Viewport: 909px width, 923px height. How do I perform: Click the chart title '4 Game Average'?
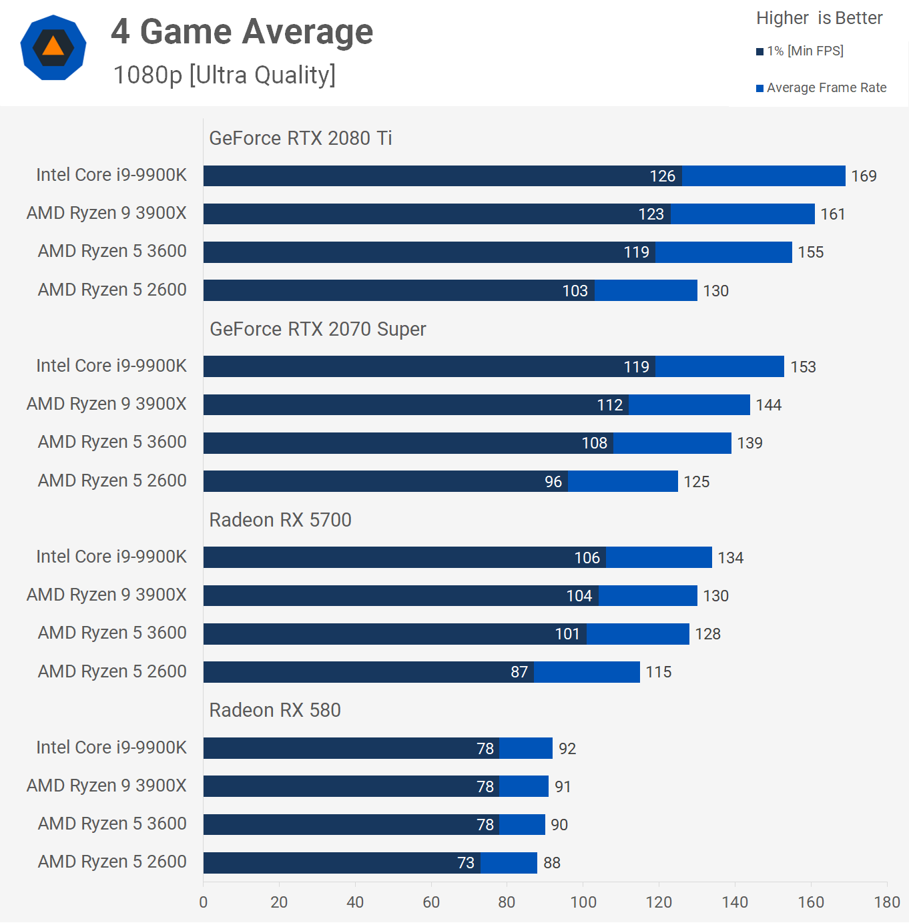pyautogui.click(x=242, y=31)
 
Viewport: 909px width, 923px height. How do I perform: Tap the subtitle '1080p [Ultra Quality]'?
pyautogui.click(x=224, y=75)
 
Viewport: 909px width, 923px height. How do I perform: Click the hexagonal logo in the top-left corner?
pyautogui.click(x=53, y=47)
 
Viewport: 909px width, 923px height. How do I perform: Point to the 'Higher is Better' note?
pyautogui.click(x=819, y=18)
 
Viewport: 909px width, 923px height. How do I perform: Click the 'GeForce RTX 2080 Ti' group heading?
pyautogui.click(x=300, y=138)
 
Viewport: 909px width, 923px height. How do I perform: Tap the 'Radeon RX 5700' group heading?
pyautogui.click(x=280, y=520)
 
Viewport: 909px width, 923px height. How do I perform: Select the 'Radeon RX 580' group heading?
pyautogui.click(x=275, y=710)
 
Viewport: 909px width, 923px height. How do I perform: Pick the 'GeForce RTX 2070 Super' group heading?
pyautogui.click(x=318, y=329)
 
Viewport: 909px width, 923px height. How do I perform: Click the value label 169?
pyautogui.click(x=864, y=176)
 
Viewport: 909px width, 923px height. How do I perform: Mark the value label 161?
pyautogui.click(x=833, y=214)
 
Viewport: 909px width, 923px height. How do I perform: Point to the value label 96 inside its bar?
pyautogui.click(x=553, y=482)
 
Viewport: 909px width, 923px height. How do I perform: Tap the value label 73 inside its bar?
pyautogui.click(x=466, y=863)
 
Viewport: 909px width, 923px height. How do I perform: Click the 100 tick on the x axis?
pyautogui.click(x=583, y=902)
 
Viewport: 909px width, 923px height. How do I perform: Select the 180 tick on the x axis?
pyautogui.click(x=887, y=902)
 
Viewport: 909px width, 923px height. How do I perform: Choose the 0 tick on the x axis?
pyautogui.click(x=204, y=902)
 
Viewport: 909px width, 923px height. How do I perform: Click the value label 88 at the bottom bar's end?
pyautogui.click(x=552, y=863)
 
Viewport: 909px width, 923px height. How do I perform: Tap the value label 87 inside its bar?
pyautogui.click(x=519, y=672)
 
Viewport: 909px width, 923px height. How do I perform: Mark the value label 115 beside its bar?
pyautogui.click(x=659, y=672)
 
